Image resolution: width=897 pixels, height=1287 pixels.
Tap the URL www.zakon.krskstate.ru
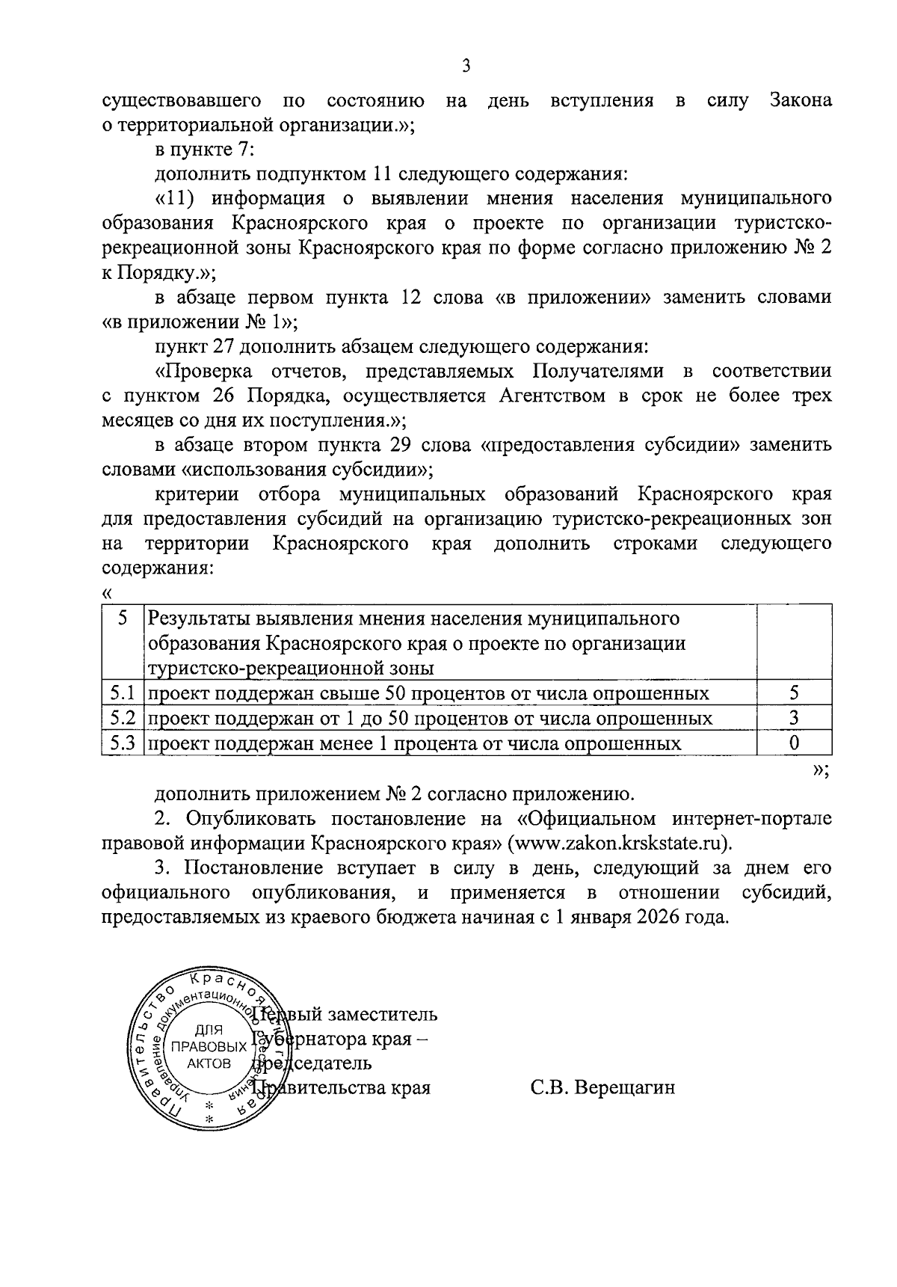point(619,843)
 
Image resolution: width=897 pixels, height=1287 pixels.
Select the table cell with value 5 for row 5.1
point(794,693)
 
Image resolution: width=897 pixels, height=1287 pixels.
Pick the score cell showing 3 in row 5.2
point(794,719)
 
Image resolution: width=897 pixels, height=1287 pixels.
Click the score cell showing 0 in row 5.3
point(794,743)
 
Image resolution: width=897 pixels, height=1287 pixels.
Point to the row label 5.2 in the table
point(121,719)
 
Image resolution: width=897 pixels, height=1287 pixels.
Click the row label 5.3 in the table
point(121,743)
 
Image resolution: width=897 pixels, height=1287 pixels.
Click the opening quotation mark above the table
point(106,593)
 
